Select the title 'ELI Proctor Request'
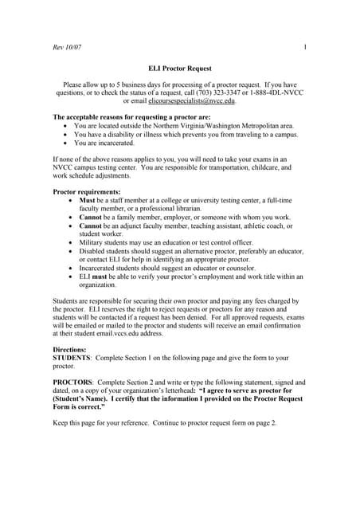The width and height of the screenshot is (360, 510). [180, 70]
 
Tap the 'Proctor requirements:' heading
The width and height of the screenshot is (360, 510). [86, 193]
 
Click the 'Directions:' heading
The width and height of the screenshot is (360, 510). [70, 350]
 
